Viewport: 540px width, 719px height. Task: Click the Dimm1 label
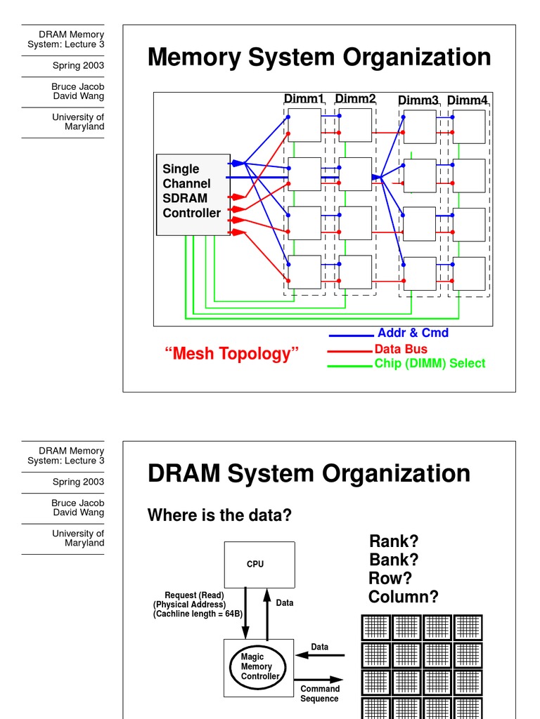[x=303, y=100]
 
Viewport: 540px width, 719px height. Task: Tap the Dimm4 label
[x=467, y=100]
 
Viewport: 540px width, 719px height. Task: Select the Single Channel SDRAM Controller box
[x=193, y=194]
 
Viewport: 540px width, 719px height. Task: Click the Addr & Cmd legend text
[x=413, y=333]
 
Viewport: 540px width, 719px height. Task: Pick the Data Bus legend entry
[x=401, y=349]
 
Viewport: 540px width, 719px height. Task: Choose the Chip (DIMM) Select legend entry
[x=430, y=363]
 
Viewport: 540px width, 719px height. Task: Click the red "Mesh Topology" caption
[x=231, y=353]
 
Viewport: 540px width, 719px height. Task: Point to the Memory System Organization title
[x=319, y=58]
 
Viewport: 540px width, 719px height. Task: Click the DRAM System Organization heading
[x=309, y=474]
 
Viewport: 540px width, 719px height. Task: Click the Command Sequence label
[x=320, y=694]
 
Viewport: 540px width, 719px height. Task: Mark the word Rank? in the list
[x=394, y=541]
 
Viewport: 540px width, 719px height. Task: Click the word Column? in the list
[x=404, y=597]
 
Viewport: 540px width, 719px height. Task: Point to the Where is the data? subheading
[x=219, y=515]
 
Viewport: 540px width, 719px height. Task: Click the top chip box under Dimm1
[x=304, y=125]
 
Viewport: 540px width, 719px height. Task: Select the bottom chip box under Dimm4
[x=469, y=273]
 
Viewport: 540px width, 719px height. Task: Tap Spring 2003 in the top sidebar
[x=78, y=65]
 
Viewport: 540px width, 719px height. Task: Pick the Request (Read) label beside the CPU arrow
[x=195, y=595]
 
